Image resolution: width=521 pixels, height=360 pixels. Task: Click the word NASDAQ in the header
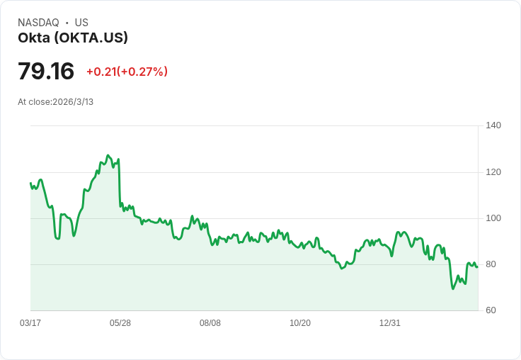coord(38,23)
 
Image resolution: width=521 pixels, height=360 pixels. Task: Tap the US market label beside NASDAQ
coord(81,23)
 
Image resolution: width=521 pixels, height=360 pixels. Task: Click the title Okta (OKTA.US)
coord(73,38)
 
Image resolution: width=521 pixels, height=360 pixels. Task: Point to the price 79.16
coord(46,72)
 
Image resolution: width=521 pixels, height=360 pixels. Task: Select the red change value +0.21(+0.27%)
coord(127,72)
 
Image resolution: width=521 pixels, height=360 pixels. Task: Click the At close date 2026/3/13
coord(73,102)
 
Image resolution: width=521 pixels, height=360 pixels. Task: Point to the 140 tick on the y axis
coord(493,125)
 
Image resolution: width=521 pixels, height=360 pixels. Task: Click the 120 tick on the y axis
coord(493,172)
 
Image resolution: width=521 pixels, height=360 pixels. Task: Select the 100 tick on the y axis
coord(493,218)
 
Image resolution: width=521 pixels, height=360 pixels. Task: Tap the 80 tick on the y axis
coord(491,264)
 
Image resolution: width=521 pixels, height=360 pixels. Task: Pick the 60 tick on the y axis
coord(491,310)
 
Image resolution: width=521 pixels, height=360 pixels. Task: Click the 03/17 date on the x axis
coord(30,323)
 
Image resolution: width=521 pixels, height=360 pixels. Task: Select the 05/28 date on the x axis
coord(120,323)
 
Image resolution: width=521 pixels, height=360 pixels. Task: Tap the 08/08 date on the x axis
coord(210,323)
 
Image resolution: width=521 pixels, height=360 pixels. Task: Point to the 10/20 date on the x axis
coord(300,323)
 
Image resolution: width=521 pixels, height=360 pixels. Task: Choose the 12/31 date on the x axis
coord(390,323)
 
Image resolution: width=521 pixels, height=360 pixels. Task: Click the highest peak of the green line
coord(108,155)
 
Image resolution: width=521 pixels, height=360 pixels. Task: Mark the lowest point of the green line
coord(452,288)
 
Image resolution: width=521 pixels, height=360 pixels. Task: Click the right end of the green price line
coord(478,266)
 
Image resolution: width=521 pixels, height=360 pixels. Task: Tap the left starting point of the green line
coord(30,183)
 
